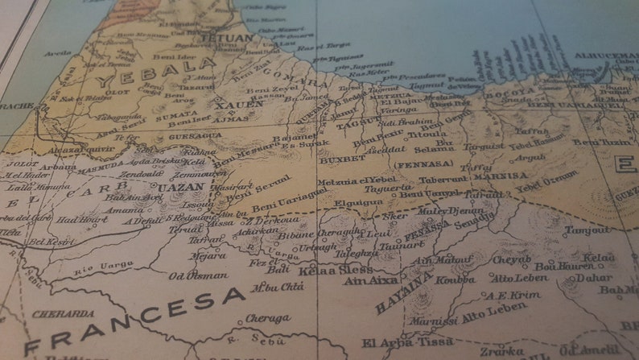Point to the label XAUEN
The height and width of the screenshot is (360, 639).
tap(239, 105)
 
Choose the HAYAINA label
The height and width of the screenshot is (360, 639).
tap(403, 292)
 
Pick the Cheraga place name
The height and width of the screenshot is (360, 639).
tap(267, 318)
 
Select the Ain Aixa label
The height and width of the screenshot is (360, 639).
tap(370, 280)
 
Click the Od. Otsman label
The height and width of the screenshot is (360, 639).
tap(197, 275)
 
